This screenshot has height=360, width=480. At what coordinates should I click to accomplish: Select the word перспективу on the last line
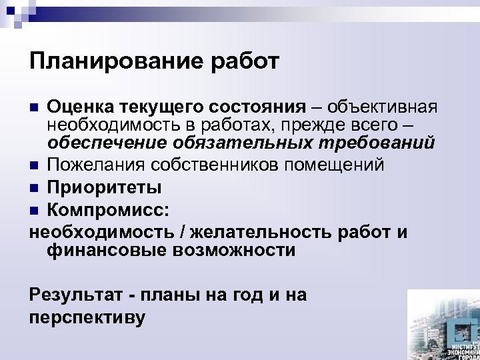tap(87, 317)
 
